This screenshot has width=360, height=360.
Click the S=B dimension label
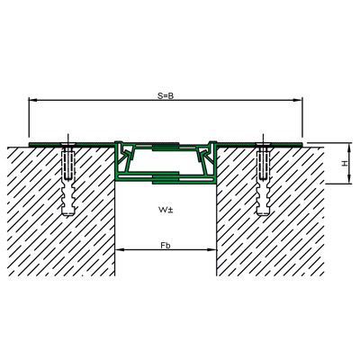pyautogui.click(x=166, y=95)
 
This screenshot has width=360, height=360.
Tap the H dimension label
pyautogui.click(x=346, y=164)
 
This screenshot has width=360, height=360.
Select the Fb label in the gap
pyautogui.click(x=166, y=246)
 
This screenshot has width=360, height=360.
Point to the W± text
pyautogui.click(x=166, y=210)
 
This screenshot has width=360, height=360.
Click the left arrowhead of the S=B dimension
pyautogui.click(x=32, y=101)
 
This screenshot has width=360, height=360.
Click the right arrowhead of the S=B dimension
pyautogui.click(x=298, y=101)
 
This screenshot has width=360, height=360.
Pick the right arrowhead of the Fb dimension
pyautogui.click(x=212, y=249)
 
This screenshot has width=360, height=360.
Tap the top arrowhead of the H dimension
pyautogui.click(x=349, y=148)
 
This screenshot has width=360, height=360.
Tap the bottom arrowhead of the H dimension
pyautogui.click(x=349, y=179)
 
